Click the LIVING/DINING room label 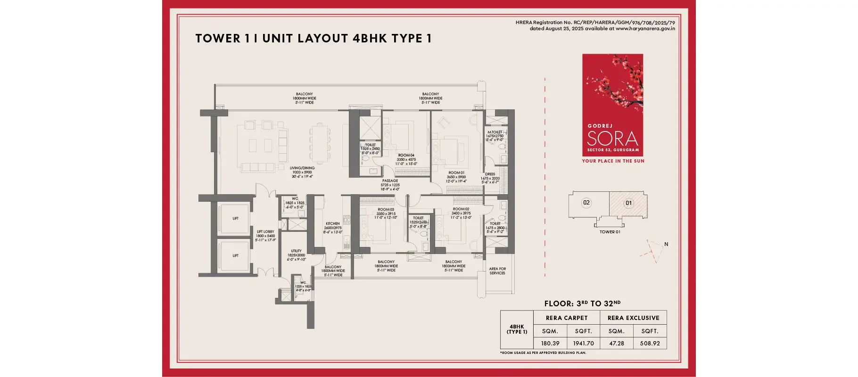[x=302, y=168]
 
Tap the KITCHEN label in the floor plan [x=333, y=224]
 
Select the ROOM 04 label [x=406, y=155]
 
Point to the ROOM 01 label [x=456, y=173]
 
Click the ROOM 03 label [x=386, y=210]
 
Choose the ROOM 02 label [x=461, y=209]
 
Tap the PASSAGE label [x=390, y=181]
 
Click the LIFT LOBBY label [x=265, y=232]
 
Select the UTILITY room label [x=296, y=251]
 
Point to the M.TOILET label [x=495, y=132]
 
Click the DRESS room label [x=490, y=174]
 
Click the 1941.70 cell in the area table [x=583, y=344]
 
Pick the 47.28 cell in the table [x=616, y=344]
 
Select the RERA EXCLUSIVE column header [x=633, y=318]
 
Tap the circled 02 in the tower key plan [x=586, y=203]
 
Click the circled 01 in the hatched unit [x=628, y=203]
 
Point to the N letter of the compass [x=666, y=244]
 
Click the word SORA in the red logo [x=612, y=139]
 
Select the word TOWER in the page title [x=217, y=39]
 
